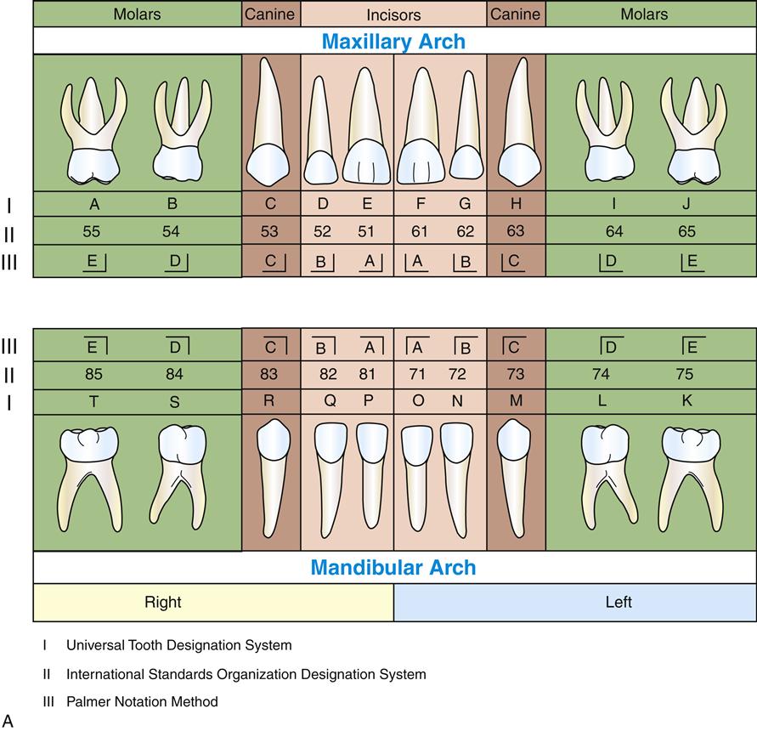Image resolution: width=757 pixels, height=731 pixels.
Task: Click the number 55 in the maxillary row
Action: [94, 231]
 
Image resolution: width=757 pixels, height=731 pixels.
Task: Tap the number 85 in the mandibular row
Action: [94, 374]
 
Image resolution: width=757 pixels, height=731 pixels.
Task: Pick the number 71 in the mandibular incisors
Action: [416, 374]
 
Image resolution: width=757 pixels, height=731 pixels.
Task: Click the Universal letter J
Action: [686, 205]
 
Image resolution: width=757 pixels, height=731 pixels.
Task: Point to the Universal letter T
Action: [94, 401]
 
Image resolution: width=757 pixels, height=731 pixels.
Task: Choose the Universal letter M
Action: [516, 401]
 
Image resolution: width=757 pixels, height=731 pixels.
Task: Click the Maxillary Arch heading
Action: [394, 41]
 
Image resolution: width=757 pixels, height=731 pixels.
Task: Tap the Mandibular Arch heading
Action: [393, 567]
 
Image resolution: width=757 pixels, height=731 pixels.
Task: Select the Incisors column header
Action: [393, 14]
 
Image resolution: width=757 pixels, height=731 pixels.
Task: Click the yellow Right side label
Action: [163, 603]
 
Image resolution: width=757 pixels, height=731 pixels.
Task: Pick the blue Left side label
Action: [619, 603]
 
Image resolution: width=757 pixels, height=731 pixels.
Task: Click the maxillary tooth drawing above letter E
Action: [369, 127]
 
